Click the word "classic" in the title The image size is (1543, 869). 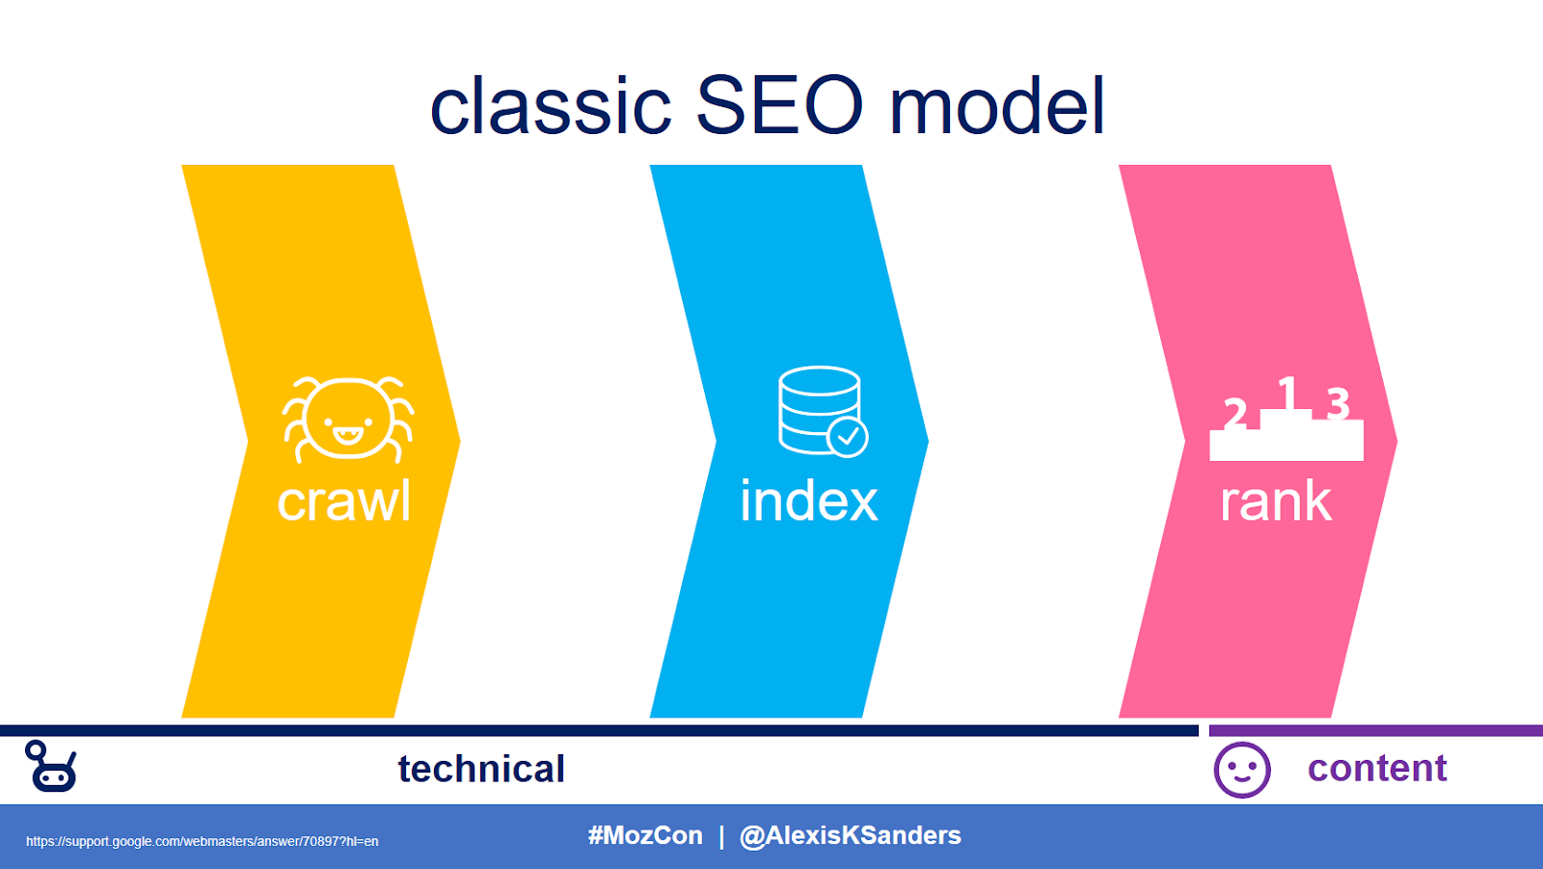point(550,106)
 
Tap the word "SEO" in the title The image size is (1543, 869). point(779,106)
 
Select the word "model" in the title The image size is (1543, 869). point(996,106)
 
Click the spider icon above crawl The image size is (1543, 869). point(347,420)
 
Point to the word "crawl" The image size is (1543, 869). point(344,502)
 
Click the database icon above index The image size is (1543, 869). point(820,410)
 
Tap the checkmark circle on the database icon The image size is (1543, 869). point(848,437)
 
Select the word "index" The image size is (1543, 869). point(809,502)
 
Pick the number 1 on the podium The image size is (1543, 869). point(1286,393)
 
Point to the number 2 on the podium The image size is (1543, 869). point(1235,414)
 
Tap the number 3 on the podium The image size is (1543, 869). point(1338,403)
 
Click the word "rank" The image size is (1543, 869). point(1276,502)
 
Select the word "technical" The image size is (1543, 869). point(481,769)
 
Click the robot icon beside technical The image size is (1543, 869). point(51,767)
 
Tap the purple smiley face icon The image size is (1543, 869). point(1242,770)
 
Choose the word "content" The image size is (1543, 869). point(1377,768)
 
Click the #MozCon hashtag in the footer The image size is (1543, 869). point(645,835)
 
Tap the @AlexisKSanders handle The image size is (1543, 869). point(850,835)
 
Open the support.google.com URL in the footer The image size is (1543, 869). point(202,841)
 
